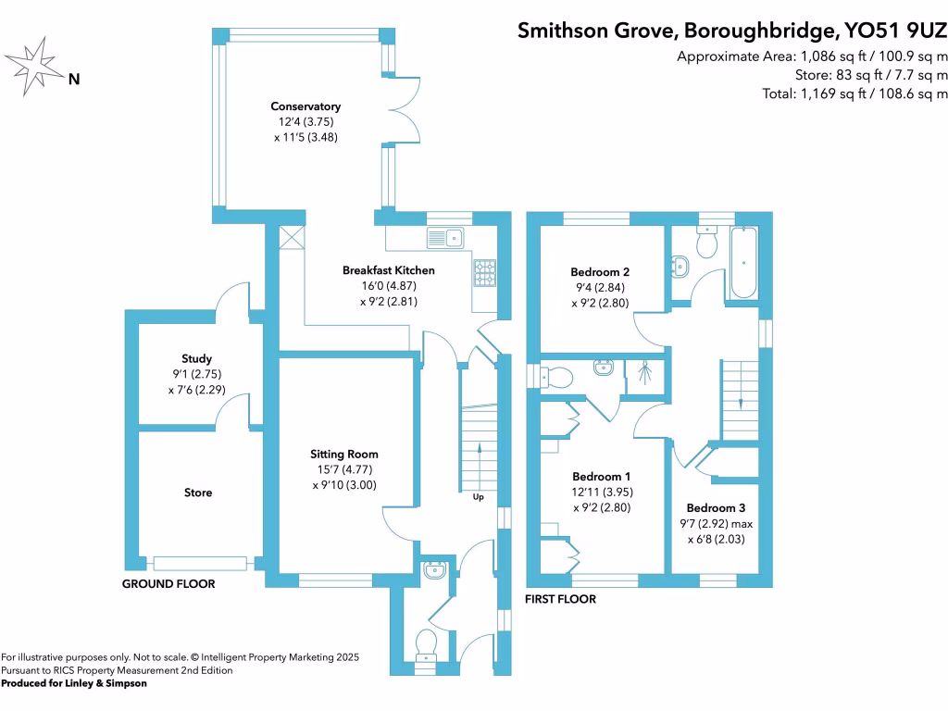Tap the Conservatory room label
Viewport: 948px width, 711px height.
[306, 106]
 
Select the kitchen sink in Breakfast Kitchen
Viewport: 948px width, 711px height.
[446, 238]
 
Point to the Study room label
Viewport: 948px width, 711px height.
[196, 358]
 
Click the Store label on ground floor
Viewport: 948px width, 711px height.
[197, 493]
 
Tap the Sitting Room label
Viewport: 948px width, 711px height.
[344, 455]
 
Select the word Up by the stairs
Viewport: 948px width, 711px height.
[479, 497]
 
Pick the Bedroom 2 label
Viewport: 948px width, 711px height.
[600, 272]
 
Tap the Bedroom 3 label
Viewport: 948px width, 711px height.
[716, 508]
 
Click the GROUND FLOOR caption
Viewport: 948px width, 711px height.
[168, 584]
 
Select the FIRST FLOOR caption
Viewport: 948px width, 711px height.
[560, 599]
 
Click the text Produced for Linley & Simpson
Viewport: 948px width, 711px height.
[74, 683]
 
